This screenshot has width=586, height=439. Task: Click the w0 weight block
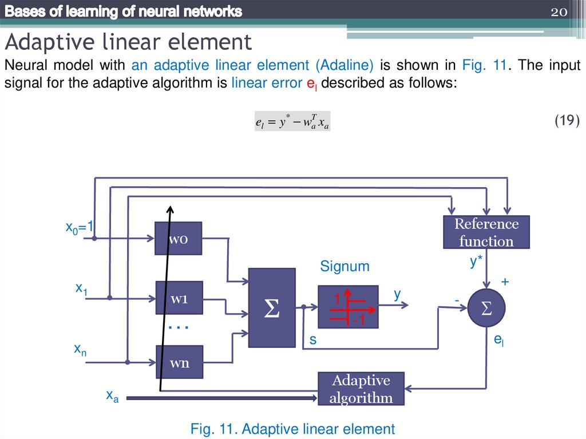click(x=179, y=239)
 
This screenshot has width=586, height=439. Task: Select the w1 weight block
click(x=179, y=298)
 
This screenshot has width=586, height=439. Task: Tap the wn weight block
click(x=179, y=362)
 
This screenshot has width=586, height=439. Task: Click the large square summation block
click(x=272, y=307)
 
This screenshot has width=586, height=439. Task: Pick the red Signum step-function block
click(x=347, y=307)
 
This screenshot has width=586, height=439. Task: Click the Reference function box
click(x=486, y=232)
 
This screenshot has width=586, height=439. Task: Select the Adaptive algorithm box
click(x=361, y=389)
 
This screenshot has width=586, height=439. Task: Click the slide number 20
click(x=558, y=12)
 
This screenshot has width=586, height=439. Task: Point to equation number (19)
click(x=567, y=120)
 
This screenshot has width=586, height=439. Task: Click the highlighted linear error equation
click(x=292, y=121)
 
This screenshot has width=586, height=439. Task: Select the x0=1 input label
click(x=78, y=228)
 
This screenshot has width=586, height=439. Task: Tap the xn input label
click(x=80, y=349)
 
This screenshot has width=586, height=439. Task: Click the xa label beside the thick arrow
click(x=112, y=396)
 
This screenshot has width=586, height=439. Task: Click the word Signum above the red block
click(x=345, y=266)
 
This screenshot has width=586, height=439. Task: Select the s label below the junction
click(x=313, y=340)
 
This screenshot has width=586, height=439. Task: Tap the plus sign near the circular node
click(x=505, y=282)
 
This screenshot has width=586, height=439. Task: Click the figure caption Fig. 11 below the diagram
click(x=292, y=429)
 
